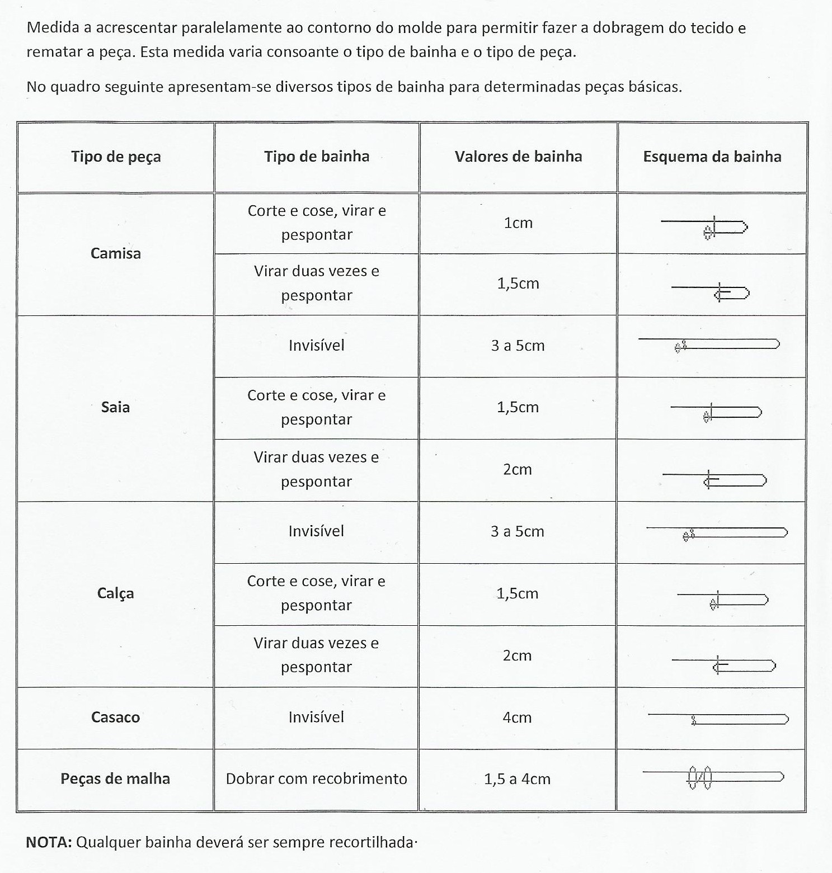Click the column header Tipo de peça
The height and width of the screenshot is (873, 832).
(116, 157)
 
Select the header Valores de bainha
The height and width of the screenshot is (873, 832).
(518, 157)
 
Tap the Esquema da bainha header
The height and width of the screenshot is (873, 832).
(712, 157)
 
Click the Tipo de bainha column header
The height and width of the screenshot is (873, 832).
(317, 157)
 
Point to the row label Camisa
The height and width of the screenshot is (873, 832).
(116, 253)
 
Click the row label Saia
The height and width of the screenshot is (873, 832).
(116, 407)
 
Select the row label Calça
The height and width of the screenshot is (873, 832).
(116, 593)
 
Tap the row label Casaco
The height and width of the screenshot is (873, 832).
(116, 717)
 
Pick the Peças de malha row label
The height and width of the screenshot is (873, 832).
(115, 778)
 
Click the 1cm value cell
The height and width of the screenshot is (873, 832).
(518, 223)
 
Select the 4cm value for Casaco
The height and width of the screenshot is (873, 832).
(517, 717)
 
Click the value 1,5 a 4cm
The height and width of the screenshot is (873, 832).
(517, 778)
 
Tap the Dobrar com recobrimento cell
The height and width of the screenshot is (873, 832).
(316, 778)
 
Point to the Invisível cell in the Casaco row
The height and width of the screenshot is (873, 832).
(316, 717)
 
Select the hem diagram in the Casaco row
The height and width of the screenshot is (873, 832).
(718, 719)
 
